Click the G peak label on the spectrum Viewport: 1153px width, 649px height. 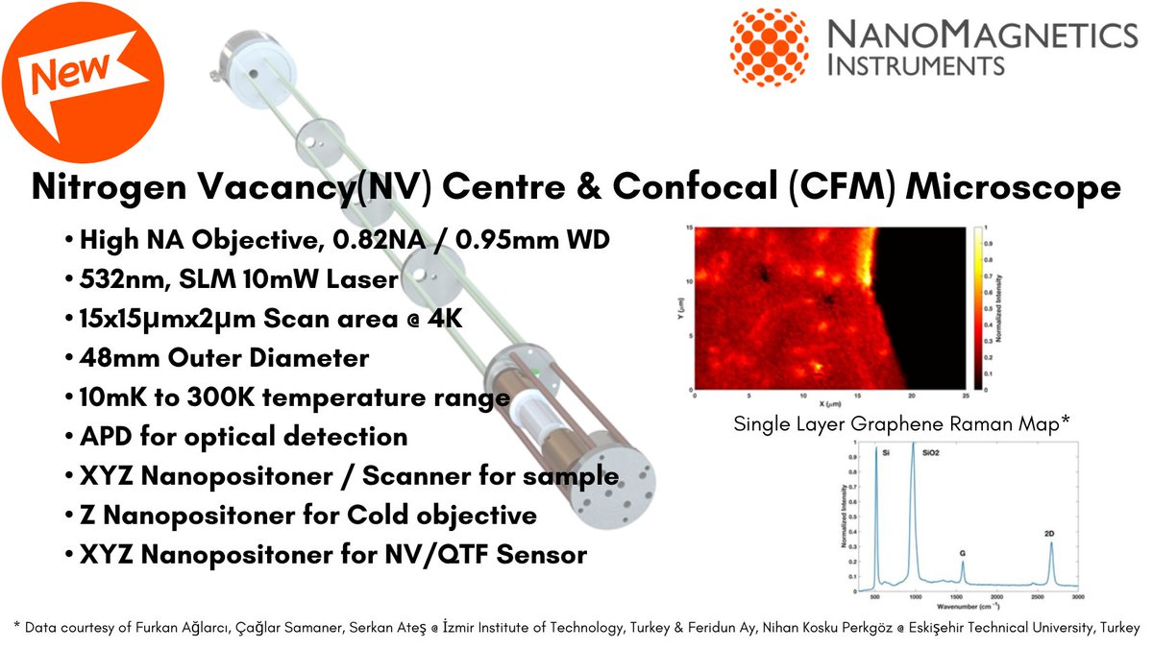[963, 554]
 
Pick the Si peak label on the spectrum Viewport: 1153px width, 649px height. [885, 449]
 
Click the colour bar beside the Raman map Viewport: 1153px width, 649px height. [978, 308]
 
